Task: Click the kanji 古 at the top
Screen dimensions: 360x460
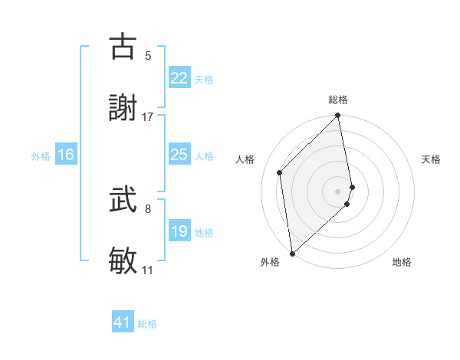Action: (x=123, y=47)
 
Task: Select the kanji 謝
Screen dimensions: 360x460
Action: (x=123, y=108)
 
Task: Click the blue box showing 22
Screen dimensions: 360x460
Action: (x=179, y=77)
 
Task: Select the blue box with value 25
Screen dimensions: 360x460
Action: (x=179, y=155)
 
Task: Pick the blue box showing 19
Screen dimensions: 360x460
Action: (x=179, y=231)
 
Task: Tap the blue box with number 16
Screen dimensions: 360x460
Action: (x=66, y=155)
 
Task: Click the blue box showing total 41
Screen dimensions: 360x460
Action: (x=123, y=322)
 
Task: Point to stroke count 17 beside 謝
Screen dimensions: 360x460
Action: (x=148, y=116)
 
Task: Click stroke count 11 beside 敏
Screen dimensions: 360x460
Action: (x=147, y=270)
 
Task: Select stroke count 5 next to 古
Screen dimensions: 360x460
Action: (x=148, y=55)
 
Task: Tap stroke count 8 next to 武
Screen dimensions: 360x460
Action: (x=148, y=208)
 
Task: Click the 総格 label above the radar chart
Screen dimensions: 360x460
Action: (x=338, y=100)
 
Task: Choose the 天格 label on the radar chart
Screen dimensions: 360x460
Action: (x=432, y=159)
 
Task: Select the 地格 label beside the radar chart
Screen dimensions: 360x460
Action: (x=402, y=262)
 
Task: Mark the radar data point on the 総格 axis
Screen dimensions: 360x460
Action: (x=338, y=116)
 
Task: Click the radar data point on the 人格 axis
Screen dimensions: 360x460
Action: (x=280, y=172)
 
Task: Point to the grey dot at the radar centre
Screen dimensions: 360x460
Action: (x=338, y=191)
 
